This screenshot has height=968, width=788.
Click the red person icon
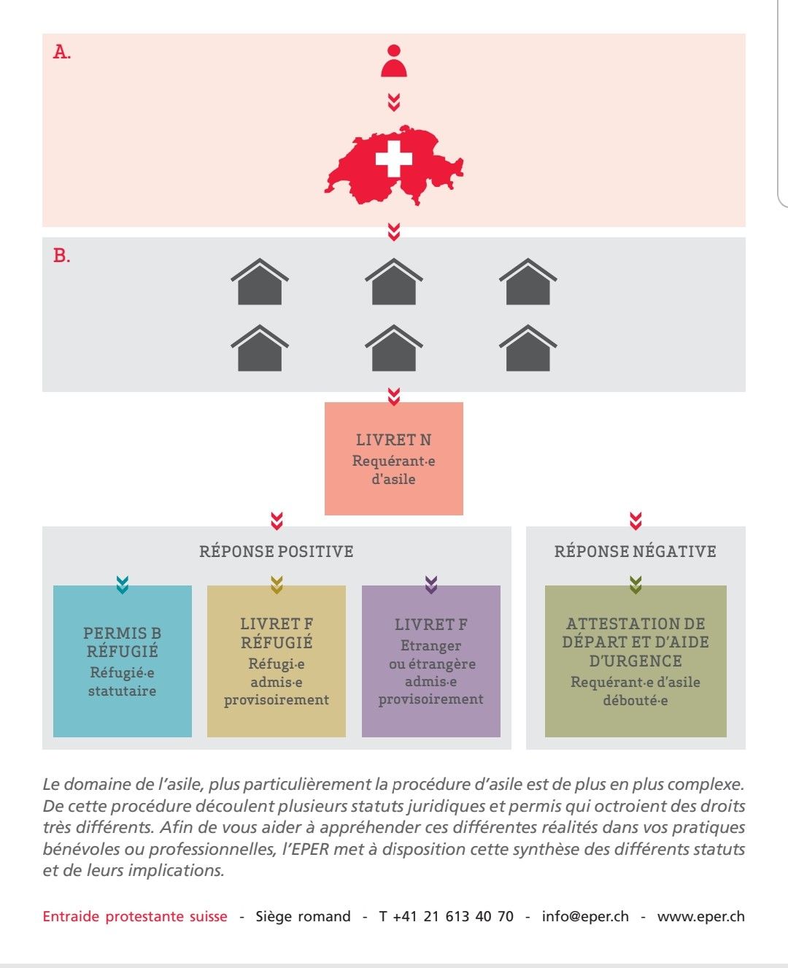click(394, 61)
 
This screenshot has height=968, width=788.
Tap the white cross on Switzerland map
click(394, 158)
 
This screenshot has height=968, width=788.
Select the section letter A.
click(62, 53)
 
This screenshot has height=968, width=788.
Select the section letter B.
click(62, 256)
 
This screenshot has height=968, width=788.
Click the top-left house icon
click(259, 282)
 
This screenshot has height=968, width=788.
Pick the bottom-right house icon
click(528, 348)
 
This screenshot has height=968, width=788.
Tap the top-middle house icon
click(394, 282)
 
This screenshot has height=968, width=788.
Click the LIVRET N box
click(394, 458)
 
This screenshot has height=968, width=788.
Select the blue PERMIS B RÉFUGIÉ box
click(122, 661)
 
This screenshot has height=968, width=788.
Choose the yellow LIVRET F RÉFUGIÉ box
click(276, 661)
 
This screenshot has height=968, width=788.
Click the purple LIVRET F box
click(431, 661)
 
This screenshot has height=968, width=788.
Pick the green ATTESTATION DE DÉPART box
click(636, 661)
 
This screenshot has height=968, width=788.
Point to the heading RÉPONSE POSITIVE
click(276, 551)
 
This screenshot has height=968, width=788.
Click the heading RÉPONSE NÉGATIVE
click(636, 551)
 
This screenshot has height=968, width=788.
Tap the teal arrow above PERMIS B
click(122, 585)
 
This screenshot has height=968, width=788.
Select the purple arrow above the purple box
click(431, 585)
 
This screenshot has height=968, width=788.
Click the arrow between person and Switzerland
click(394, 103)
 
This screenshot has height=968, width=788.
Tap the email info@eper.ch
click(585, 916)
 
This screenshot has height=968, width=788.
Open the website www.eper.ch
click(700, 917)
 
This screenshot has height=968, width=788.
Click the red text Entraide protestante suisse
click(135, 916)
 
